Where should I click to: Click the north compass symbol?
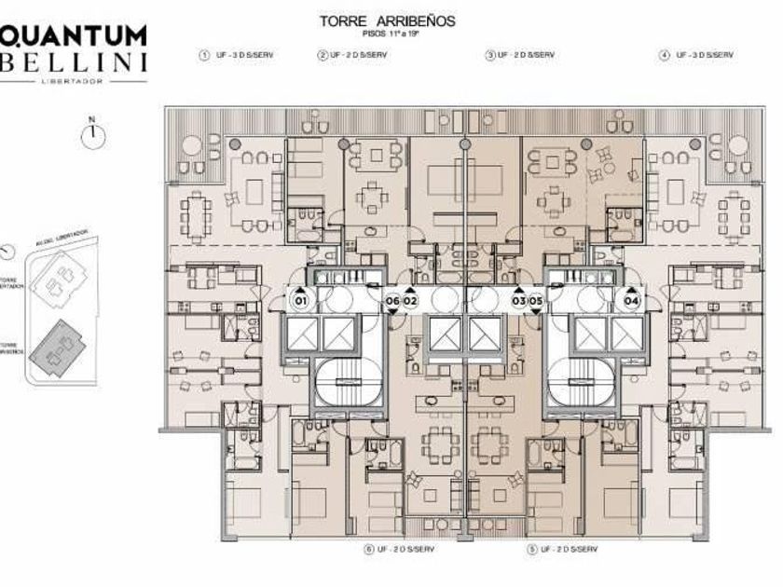coord(92,135)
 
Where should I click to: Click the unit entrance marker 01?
coord(301,301)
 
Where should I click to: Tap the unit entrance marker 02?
coord(410,301)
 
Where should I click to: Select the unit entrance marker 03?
coord(518,301)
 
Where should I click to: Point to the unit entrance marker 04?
coord(631,301)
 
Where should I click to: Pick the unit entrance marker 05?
coord(536,301)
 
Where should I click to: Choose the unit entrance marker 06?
coord(392,301)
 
